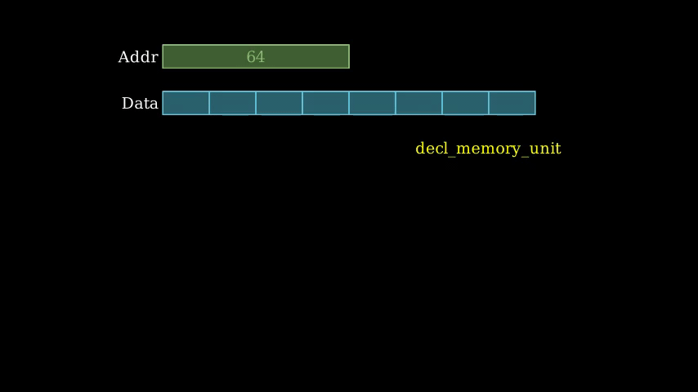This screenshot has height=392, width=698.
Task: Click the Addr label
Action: click(x=137, y=57)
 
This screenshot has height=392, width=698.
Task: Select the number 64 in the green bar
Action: click(x=256, y=57)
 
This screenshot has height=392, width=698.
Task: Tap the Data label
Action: click(x=140, y=104)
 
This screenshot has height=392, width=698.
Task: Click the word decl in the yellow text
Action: click(x=429, y=149)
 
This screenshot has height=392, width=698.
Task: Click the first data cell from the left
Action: click(x=186, y=103)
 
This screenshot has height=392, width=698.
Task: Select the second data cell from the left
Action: click(x=232, y=103)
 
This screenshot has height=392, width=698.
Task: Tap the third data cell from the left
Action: click(x=279, y=103)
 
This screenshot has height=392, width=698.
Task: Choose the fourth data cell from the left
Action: click(x=325, y=103)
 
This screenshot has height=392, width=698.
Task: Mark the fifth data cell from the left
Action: click(x=372, y=103)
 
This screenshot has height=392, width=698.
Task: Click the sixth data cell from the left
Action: click(x=418, y=103)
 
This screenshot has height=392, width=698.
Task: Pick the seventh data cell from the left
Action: click(x=465, y=103)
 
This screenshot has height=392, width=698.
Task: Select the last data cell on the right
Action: click(x=512, y=103)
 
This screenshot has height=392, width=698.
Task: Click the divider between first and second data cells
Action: click(x=209, y=103)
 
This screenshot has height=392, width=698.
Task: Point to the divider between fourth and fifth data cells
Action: click(x=349, y=103)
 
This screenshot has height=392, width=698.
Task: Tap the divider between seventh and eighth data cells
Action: click(x=489, y=103)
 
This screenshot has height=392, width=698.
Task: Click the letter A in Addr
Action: click(x=124, y=57)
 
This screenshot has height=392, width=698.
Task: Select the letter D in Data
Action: click(x=127, y=104)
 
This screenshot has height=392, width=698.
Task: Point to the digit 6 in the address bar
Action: click(x=251, y=57)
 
